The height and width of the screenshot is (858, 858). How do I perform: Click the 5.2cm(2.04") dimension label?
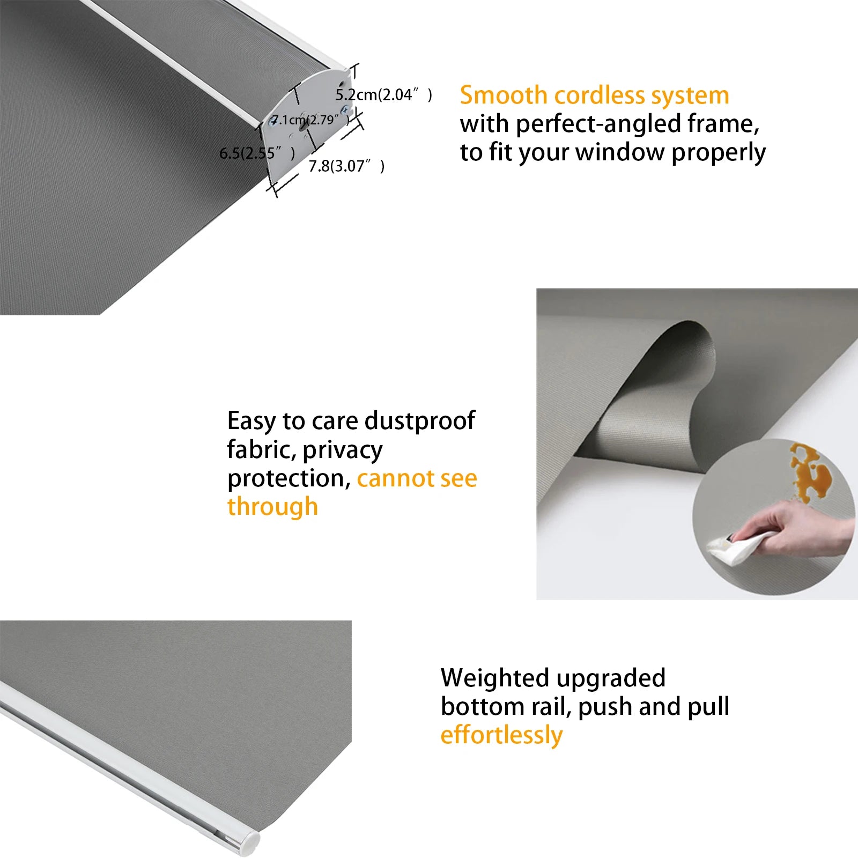(x=384, y=95)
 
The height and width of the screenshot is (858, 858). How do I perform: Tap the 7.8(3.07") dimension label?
(x=346, y=166)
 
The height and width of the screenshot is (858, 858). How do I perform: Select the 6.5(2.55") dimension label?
(x=257, y=153)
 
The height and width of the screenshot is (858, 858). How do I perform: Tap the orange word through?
(x=272, y=506)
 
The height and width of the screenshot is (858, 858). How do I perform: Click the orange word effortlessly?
(x=501, y=735)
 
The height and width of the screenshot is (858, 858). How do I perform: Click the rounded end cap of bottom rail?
(x=250, y=842)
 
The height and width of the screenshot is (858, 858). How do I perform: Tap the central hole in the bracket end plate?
(x=302, y=122)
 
